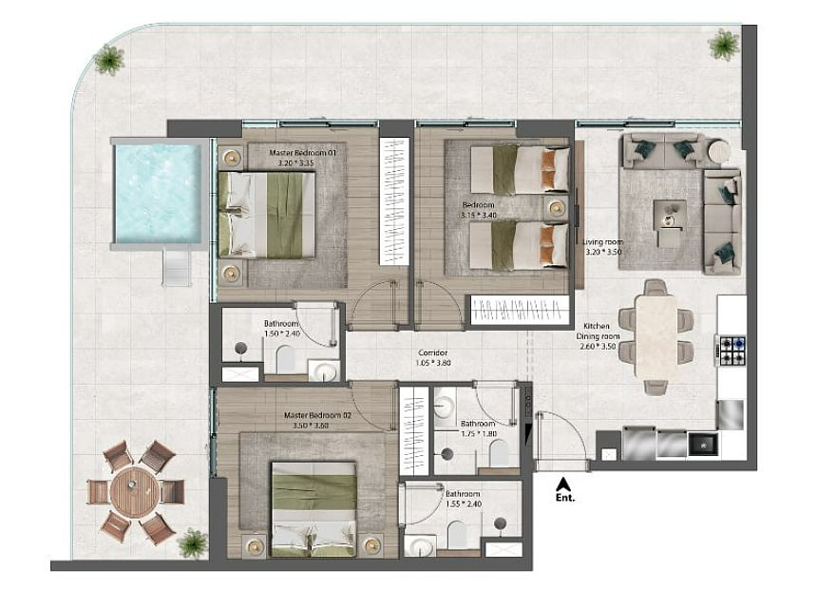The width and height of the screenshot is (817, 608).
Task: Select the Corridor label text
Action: (x=433, y=352)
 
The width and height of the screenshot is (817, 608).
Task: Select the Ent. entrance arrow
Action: (x=561, y=484)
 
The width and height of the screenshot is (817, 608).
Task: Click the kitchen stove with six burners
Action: (x=731, y=351)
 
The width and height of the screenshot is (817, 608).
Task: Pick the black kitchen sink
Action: (x=703, y=444)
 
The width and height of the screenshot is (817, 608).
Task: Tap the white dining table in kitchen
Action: (x=656, y=336)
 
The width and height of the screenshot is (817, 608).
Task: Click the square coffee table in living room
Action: (x=670, y=215)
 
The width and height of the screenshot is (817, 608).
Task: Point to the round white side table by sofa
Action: (x=719, y=150)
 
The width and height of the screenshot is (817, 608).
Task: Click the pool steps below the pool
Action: (x=177, y=267)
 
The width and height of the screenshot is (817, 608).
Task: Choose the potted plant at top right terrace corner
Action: (x=724, y=44)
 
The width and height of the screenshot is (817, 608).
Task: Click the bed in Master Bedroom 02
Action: (x=313, y=508)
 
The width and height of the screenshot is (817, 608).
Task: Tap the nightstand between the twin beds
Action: (x=557, y=208)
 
